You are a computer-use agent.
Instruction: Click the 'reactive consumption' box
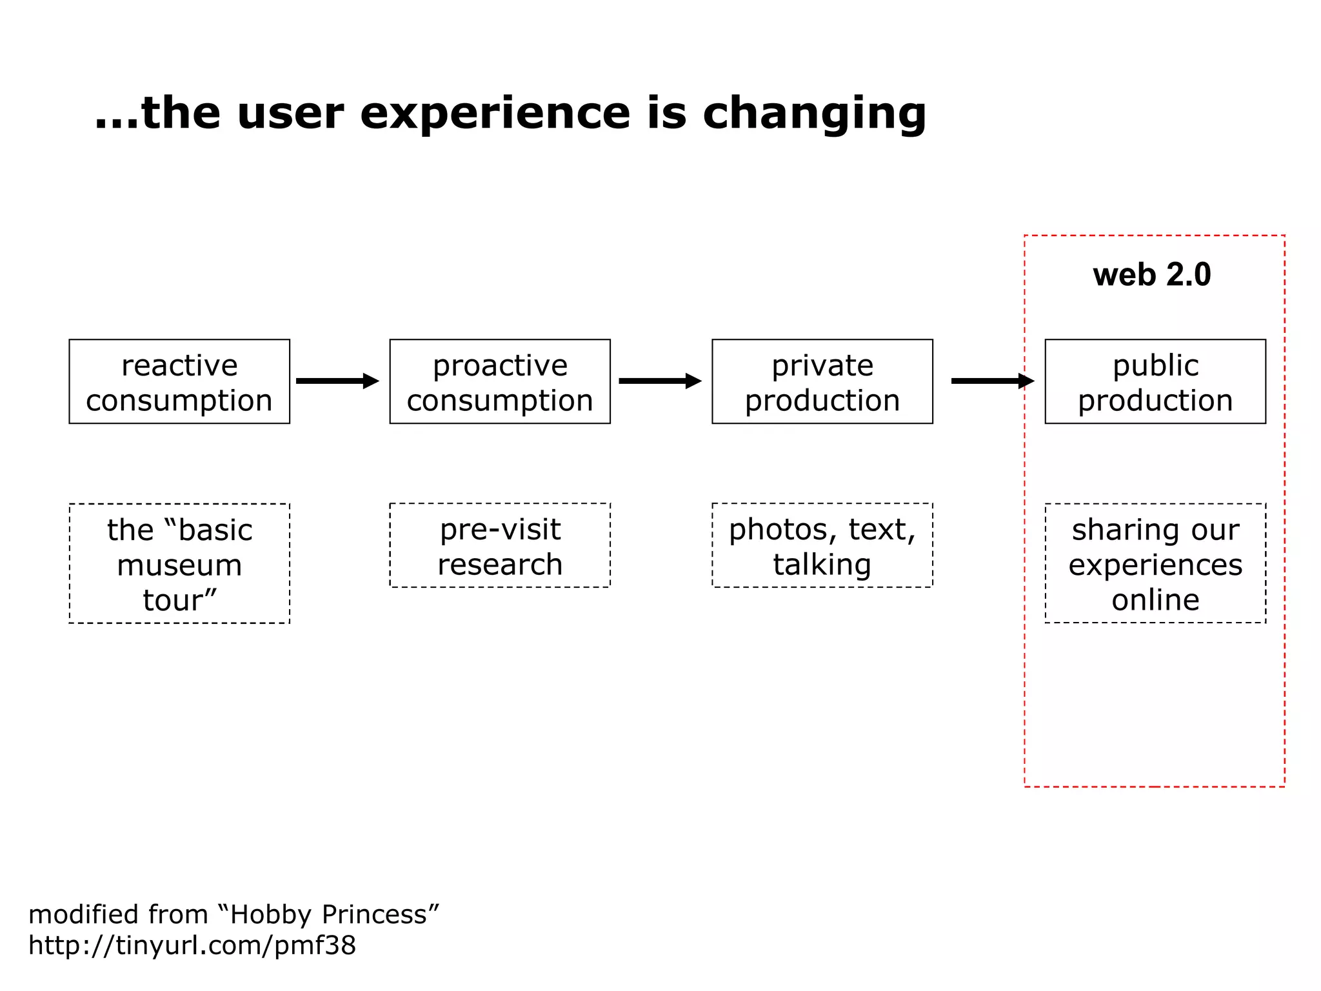click(x=179, y=381)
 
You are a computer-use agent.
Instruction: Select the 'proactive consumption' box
click(x=500, y=381)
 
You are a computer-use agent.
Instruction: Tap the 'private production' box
click(x=822, y=381)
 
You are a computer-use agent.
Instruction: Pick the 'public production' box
click(x=1155, y=381)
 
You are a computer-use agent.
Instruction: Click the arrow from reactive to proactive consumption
click(x=337, y=381)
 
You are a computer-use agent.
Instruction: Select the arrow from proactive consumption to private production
click(x=660, y=381)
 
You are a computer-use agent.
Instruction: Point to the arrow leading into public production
click(x=992, y=381)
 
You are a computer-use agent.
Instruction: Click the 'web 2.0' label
click(x=1152, y=275)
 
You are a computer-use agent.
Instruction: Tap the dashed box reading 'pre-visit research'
click(x=500, y=546)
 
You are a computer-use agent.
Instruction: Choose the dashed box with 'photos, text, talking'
click(x=822, y=546)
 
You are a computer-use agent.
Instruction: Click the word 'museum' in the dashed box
click(x=179, y=566)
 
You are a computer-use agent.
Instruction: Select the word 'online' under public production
click(x=1155, y=600)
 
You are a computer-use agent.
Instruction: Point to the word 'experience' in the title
click(x=495, y=114)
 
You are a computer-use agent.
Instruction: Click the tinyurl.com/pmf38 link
click(x=192, y=946)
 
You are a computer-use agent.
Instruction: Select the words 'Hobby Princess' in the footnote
click(x=328, y=915)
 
